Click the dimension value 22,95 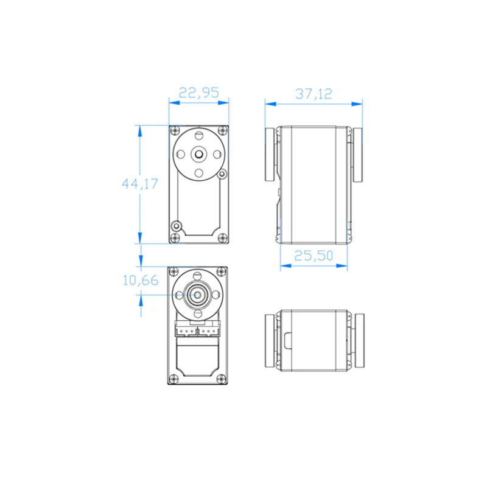(x=199, y=93)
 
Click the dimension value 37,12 (x=314, y=94)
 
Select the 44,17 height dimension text (x=140, y=184)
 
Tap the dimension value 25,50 (x=314, y=256)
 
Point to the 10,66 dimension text (x=141, y=281)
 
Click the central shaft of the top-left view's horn (x=199, y=154)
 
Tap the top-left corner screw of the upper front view (x=175, y=130)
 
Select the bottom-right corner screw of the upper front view (x=222, y=238)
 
